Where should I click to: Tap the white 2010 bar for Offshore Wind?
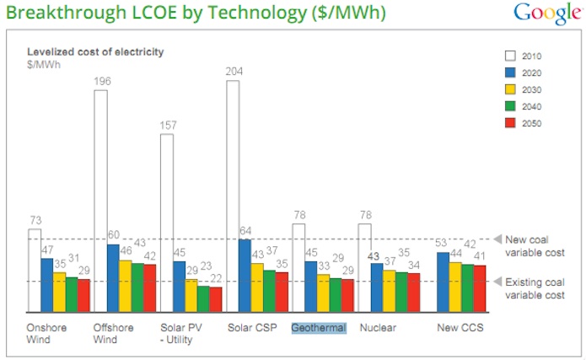pos(100,201)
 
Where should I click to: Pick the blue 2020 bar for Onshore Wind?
pos(47,285)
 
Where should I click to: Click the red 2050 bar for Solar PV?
pos(216,299)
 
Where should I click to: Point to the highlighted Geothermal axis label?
pos(319,327)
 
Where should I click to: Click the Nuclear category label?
pos(377,327)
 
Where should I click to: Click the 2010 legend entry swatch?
pos(509,56)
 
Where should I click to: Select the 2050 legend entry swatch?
pos(509,124)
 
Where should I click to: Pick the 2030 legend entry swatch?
pos(509,90)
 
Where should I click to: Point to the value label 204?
pos(233,72)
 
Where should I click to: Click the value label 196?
pos(101,82)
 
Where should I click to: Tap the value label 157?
pos(167,126)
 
